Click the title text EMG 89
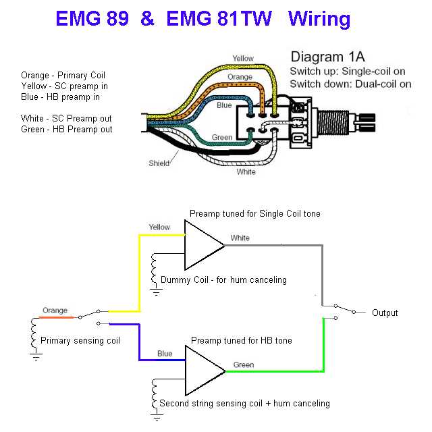coord(92,19)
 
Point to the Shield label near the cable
coord(159,163)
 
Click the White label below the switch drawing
coord(246,172)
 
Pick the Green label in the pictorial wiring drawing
coord(222,138)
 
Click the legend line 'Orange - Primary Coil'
coord(63,75)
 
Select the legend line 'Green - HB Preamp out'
coord(66,129)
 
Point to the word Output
coord(385,313)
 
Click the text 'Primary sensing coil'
coord(80,341)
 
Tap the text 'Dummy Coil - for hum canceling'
coord(223,279)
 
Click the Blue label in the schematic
coord(165,353)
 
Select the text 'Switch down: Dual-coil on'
coord(350,84)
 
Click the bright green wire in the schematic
coord(324,351)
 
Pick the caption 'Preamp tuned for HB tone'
coord(242,340)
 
